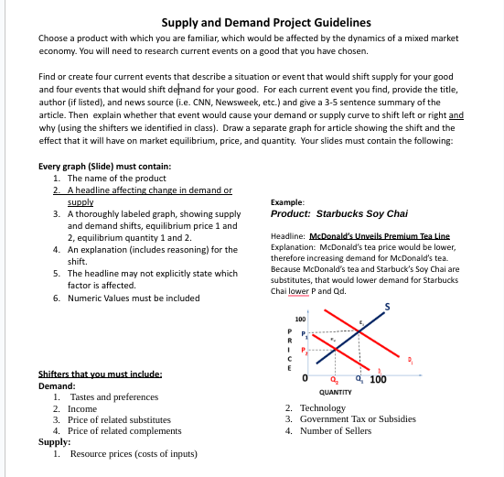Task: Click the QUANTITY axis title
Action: coord(338,392)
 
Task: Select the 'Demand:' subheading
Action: coord(58,386)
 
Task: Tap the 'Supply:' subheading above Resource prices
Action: coord(54,441)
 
